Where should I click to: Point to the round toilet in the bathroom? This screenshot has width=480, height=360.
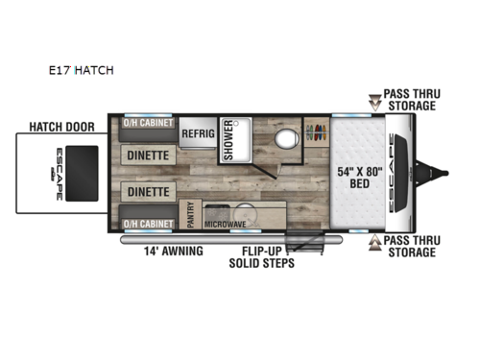coord(283,138)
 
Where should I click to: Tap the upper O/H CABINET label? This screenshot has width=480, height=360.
coord(149,124)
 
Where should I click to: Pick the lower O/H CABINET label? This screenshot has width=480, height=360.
coord(149,224)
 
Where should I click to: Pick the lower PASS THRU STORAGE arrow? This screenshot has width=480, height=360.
coord(374,244)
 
